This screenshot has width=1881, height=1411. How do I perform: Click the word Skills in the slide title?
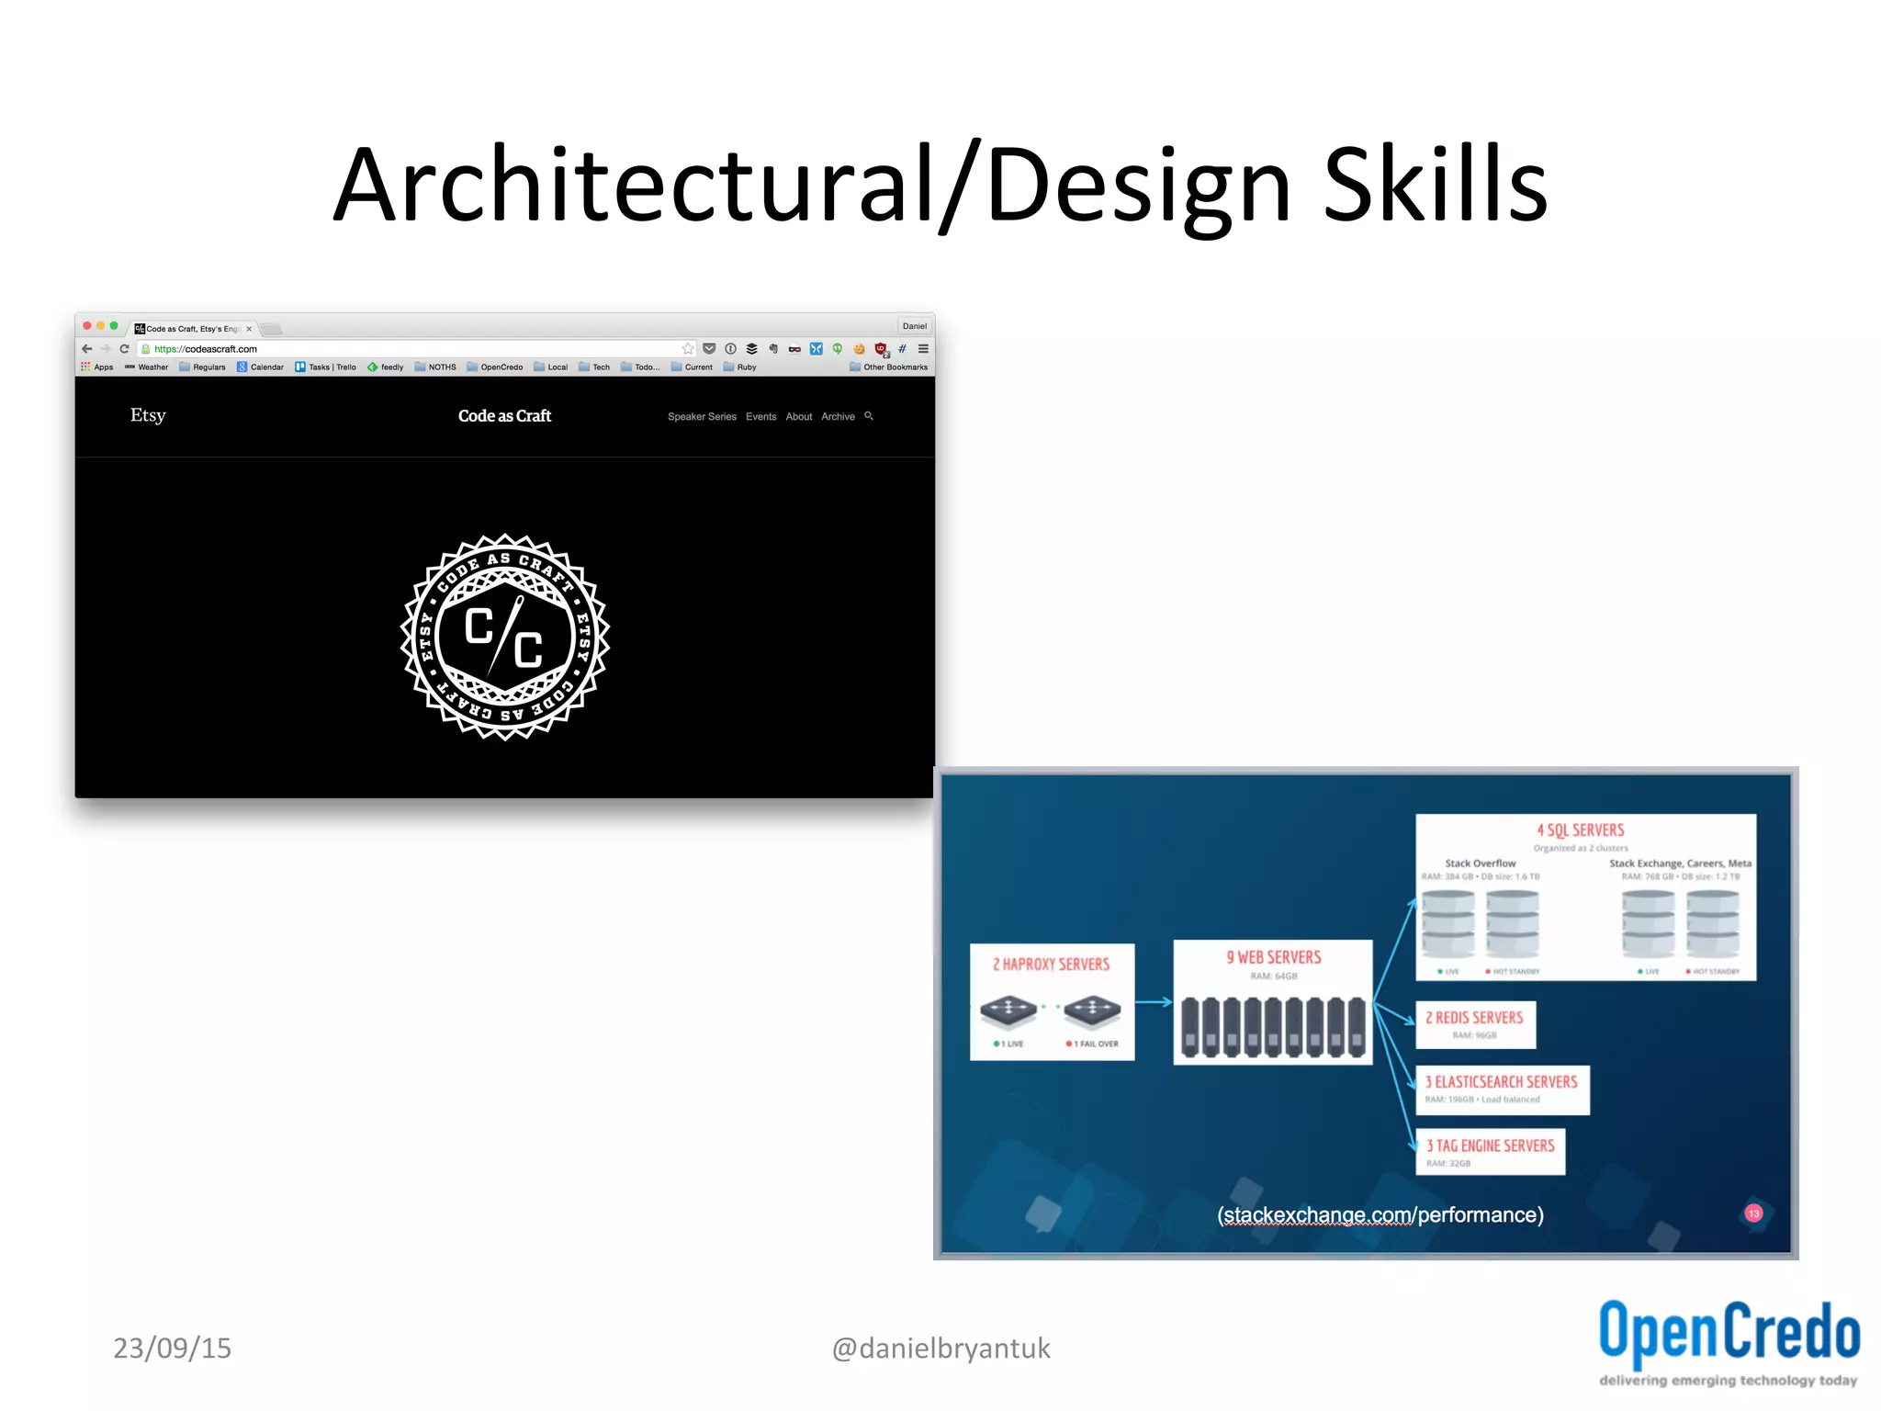pyautogui.click(x=1435, y=186)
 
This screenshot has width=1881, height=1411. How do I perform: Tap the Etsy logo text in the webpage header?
pyautogui.click(x=148, y=415)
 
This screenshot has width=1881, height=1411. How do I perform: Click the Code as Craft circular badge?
pyautogui.click(x=505, y=637)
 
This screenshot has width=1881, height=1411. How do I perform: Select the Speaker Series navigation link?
pyautogui.click(x=702, y=417)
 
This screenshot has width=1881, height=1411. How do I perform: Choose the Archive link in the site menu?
pyautogui.click(x=838, y=417)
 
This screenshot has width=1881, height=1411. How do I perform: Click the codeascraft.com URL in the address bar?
pyautogui.click(x=206, y=349)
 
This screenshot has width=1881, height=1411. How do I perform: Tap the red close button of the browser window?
pyautogui.click(x=87, y=326)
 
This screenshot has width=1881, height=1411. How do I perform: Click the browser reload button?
pyautogui.click(x=124, y=349)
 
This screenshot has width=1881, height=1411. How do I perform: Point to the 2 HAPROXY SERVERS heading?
pyautogui.click(x=1051, y=965)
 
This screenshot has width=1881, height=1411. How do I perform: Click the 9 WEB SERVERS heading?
pyautogui.click(x=1273, y=957)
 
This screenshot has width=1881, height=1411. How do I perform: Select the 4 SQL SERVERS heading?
pyautogui.click(x=1581, y=830)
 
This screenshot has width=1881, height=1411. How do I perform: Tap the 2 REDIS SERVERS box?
pyautogui.click(x=1475, y=1024)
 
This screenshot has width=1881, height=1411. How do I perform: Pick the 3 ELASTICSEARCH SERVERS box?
pyautogui.click(x=1502, y=1089)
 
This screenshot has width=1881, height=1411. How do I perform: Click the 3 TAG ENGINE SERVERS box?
pyautogui.click(x=1490, y=1152)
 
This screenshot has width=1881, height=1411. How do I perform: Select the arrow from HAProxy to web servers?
pyautogui.click(x=1154, y=1002)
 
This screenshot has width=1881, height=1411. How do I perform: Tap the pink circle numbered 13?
pyautogui.click(x=1753, y=1213)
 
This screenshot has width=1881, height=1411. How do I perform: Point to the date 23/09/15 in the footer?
pyautogui.click(x=172, y=1348)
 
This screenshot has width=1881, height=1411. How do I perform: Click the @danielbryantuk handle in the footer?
pyautogui.click(x=940, y=1348)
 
